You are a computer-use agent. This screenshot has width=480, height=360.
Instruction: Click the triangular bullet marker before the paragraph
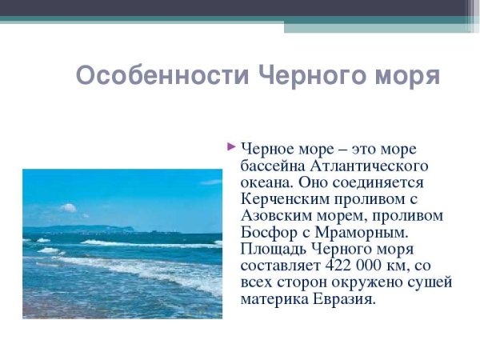231,146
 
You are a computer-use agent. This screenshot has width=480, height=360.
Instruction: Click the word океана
266,182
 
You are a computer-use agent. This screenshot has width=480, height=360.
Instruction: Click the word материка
272,300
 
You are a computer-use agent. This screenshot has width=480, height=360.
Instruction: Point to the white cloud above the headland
69,208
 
